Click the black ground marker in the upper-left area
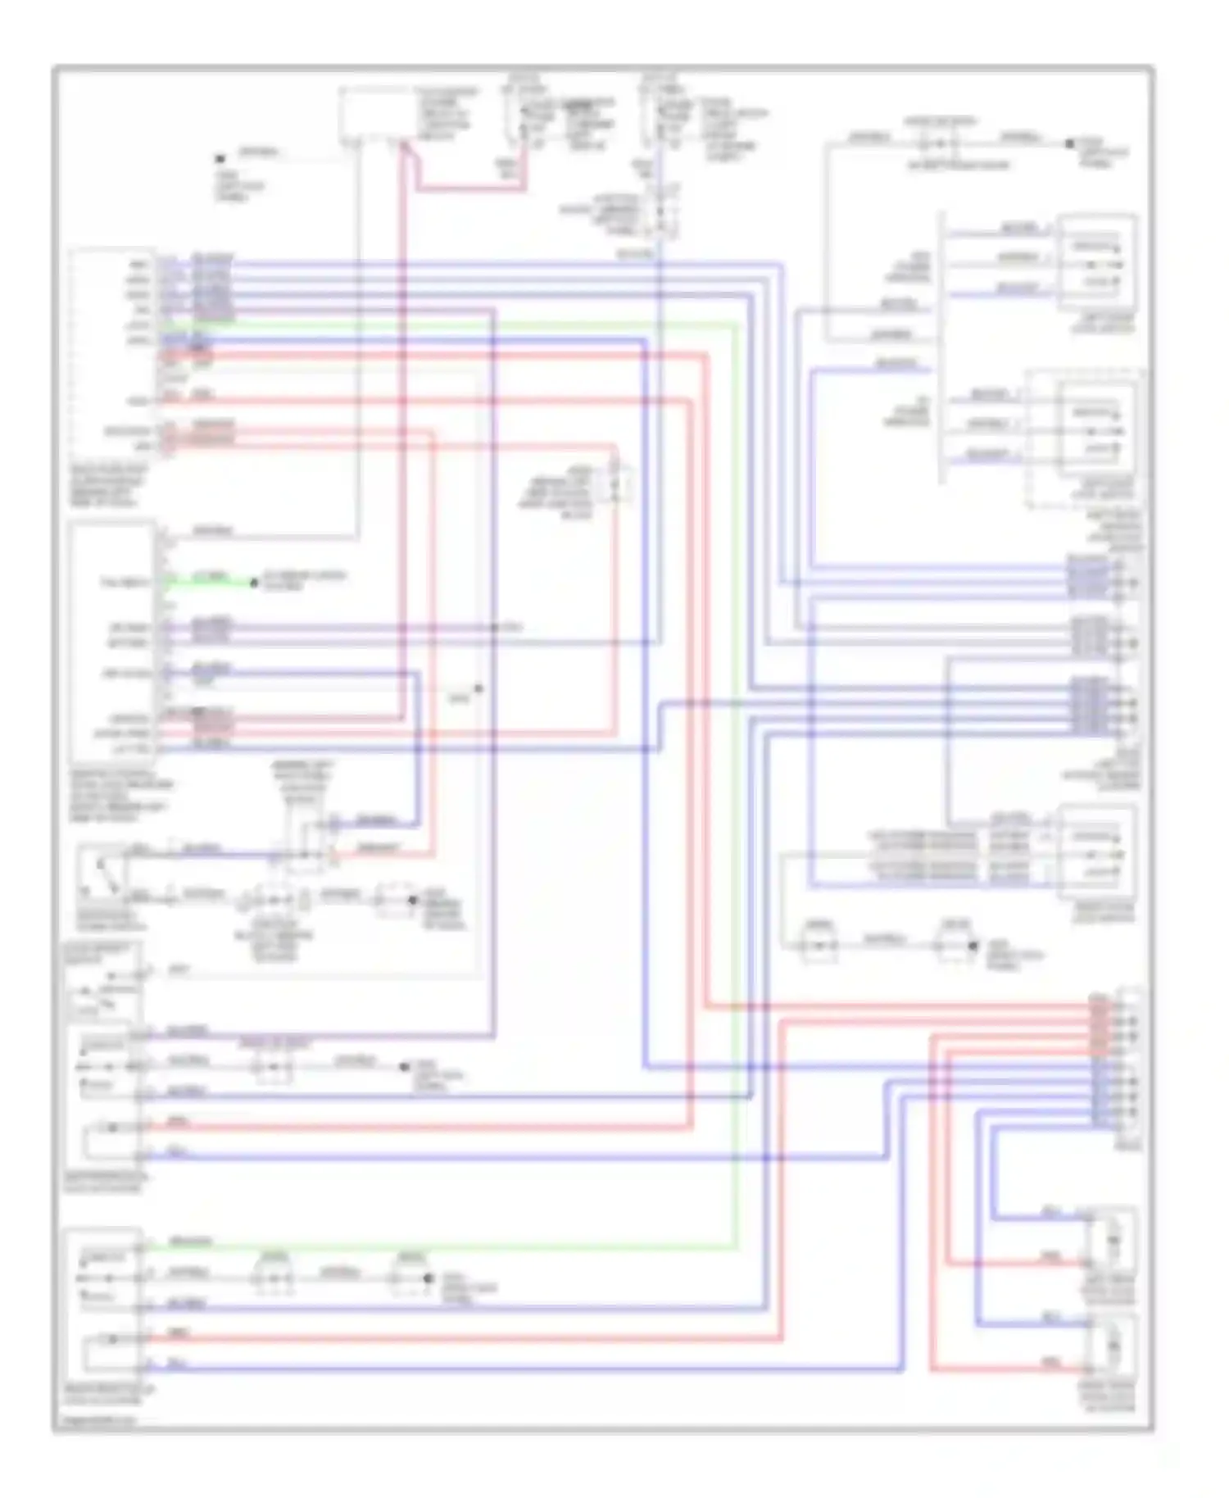(220, 159)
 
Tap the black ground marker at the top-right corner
(1069, 143)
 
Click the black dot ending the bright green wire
(254, 583)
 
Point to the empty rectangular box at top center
(373, 113)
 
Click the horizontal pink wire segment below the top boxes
(471, 189)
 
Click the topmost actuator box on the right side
(1097, 262)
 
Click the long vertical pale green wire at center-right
(735, 779)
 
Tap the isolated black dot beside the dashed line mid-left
(478, 688)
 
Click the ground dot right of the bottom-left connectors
(427, 1278)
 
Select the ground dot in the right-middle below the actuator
(973, 945)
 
